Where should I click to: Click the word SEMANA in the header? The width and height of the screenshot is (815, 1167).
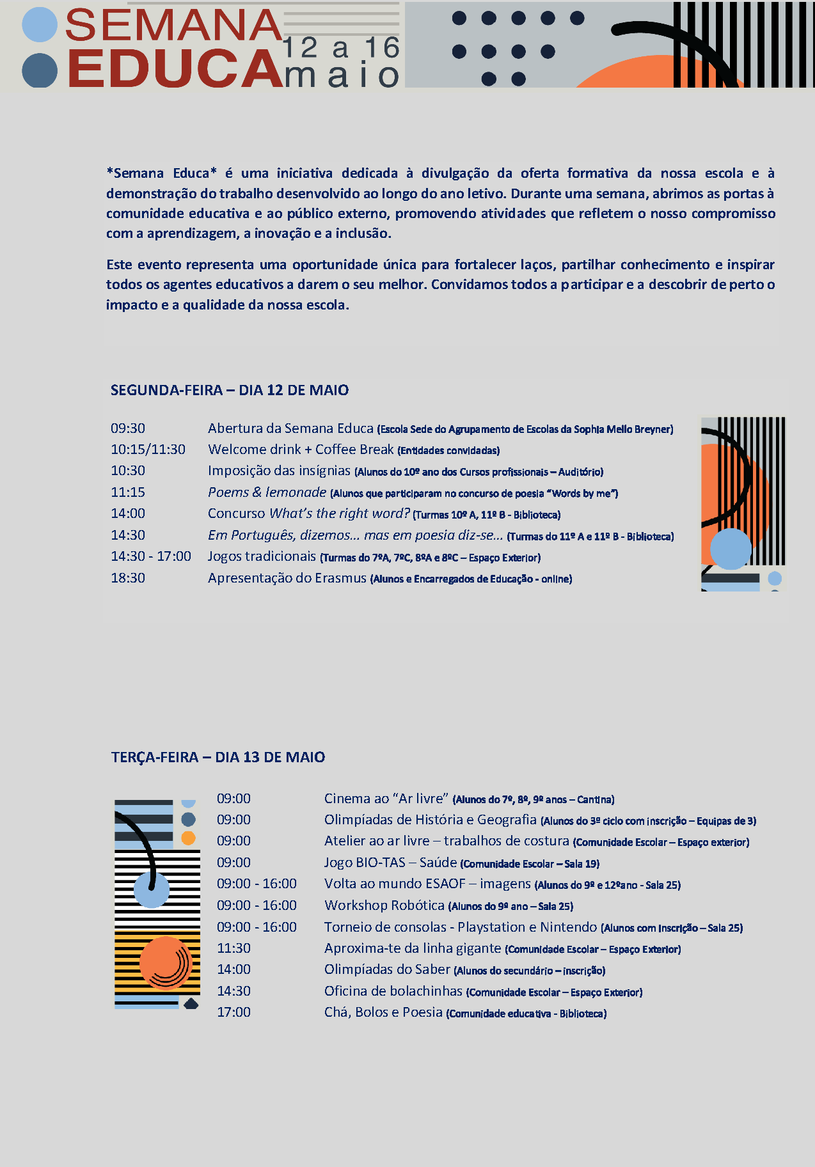173,26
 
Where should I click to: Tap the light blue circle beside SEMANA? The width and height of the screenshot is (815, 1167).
40,25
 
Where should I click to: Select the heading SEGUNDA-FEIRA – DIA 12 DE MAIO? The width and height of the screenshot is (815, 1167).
230,390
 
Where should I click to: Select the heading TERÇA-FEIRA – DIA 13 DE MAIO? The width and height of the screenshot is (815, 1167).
218,757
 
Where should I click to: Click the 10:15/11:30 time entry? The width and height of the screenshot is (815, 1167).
148,450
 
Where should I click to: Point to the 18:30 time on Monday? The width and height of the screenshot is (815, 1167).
128,578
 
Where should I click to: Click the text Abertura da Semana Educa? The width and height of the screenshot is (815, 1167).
290,428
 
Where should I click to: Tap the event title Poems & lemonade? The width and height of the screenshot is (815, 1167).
267,492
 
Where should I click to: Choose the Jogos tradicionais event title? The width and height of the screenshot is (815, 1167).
262,556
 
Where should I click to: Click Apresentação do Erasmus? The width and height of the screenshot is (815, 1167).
287,578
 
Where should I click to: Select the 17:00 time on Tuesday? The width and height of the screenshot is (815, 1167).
233,1012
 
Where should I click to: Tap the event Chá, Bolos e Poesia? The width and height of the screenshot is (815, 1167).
383,1012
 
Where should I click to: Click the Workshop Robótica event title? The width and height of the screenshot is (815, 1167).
384,905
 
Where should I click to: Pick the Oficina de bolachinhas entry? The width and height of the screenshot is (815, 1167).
393,991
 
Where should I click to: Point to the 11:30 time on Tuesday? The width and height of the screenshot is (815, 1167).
233,948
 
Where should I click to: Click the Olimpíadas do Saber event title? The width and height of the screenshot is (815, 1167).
387,969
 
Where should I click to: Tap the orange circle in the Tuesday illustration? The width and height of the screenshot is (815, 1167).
165,962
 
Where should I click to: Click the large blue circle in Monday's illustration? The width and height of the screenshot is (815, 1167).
731,549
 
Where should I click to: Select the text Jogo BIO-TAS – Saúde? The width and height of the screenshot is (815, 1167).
390,863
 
